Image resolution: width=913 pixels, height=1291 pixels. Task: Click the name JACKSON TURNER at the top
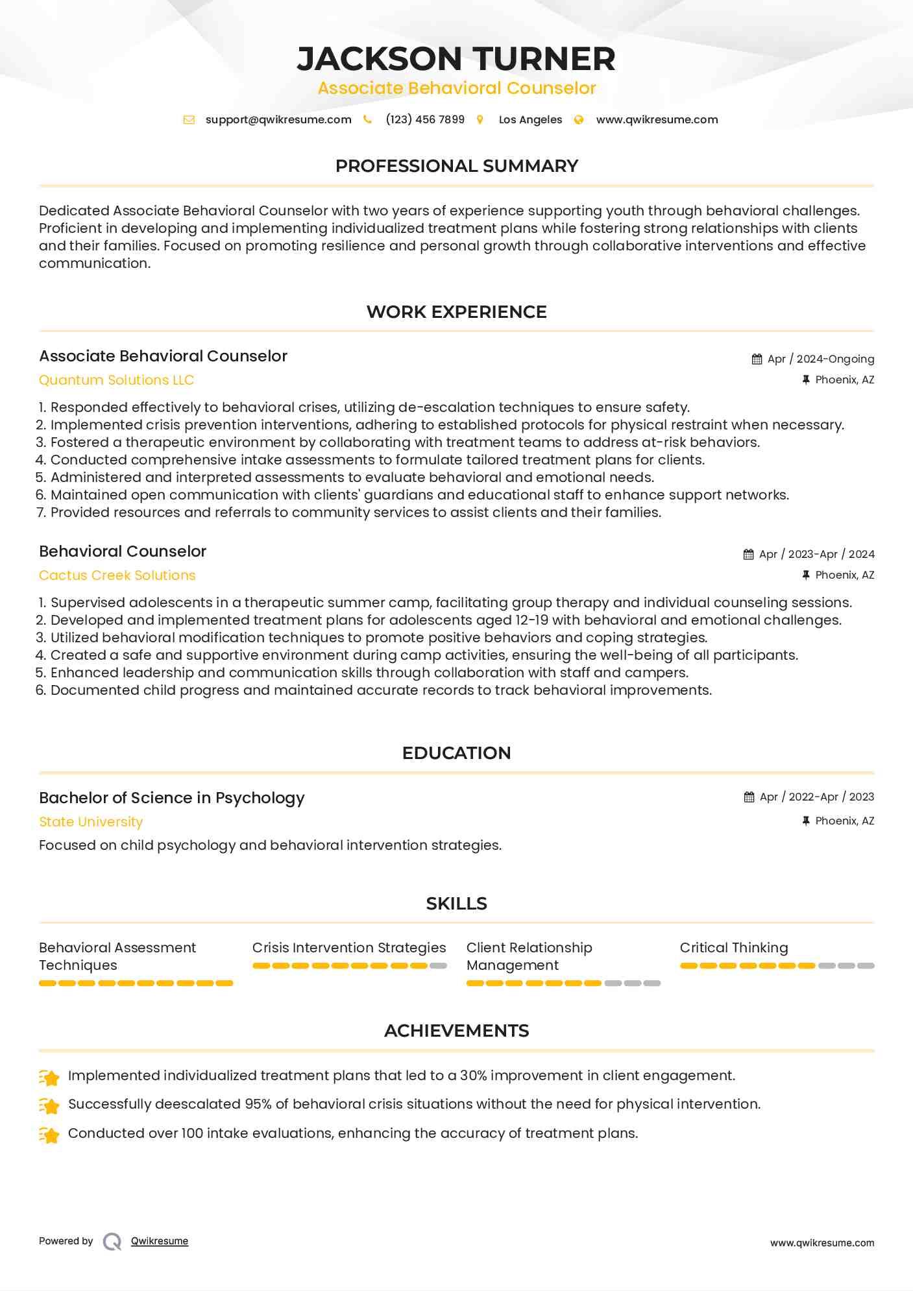coord(456,58)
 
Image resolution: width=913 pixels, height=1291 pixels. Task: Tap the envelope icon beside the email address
coord(189,120)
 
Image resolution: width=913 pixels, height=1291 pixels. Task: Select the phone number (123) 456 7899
coord(424,120)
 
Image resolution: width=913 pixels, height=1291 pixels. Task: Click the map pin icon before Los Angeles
coord(480,120)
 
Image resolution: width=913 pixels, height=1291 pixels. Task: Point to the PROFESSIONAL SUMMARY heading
coord(456,166)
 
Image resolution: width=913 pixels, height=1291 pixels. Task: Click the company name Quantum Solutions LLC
coord(116,380)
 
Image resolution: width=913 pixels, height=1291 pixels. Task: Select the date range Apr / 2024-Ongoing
coord(820,359)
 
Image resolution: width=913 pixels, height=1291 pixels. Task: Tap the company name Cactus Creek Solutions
coord(117,575)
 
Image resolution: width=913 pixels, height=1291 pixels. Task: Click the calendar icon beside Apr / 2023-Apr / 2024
coord(748,555)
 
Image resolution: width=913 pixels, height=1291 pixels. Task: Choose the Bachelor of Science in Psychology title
coord(171,798)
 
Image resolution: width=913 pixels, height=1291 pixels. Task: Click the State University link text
coord(91,822)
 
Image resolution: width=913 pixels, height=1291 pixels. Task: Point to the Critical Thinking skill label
coord(733,948)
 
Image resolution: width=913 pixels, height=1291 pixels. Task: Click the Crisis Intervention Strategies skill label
coord(349,948)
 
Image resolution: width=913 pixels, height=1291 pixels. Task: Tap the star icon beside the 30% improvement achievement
coord(49,1077)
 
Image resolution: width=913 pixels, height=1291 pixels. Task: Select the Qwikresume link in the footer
coord(160,1241)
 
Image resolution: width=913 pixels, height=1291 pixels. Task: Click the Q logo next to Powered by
coord(112,1242)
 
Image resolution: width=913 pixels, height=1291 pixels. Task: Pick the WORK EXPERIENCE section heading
coord(456,312)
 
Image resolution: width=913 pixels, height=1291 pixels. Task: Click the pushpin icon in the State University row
coord(806,821)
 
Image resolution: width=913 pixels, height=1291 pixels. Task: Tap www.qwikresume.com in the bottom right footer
coord(822,1243)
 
